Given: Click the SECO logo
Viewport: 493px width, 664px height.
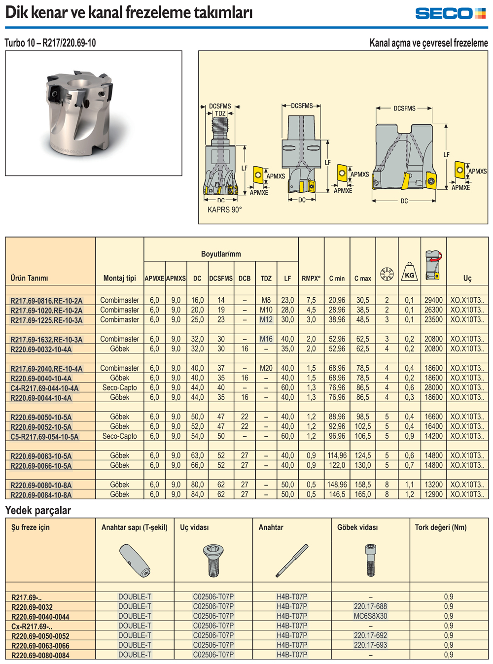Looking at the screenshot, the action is pos(450,13).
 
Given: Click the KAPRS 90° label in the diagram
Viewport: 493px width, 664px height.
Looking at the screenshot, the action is pos(224,210).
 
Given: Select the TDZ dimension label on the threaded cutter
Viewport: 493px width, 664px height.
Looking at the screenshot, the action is pos(220,113).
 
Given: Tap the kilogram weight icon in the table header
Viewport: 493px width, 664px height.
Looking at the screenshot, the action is pos(409,272).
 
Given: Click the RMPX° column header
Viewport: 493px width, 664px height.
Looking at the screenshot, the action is pos(311,278).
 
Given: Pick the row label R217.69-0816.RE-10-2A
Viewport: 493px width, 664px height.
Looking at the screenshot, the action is pos(46,301).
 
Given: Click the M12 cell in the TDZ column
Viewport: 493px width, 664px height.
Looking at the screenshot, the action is pos(266,319).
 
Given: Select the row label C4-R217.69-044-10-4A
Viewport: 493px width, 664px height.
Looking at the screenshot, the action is pos(44,388).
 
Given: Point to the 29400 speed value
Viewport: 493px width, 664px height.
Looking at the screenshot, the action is pos(433,300).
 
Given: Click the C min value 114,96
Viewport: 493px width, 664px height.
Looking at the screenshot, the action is pos(337,455).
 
